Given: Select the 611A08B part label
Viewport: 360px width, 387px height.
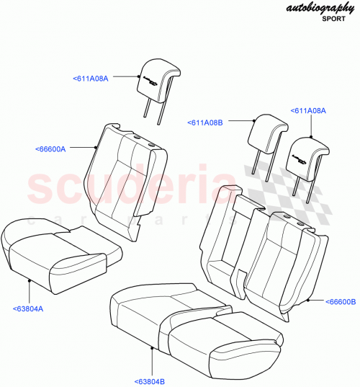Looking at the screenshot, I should coord(205,123).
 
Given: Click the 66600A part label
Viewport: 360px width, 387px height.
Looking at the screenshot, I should coord(50,149).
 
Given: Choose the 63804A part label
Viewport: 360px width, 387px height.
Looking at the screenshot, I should coord(28,308).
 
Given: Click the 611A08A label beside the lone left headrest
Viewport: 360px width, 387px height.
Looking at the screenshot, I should coord(91,78).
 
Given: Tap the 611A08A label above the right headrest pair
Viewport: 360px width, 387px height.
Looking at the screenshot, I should coord(308,111).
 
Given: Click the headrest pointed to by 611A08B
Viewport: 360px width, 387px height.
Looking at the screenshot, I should coord(263,134).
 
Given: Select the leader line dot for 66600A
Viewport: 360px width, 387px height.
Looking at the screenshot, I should coord(96,146).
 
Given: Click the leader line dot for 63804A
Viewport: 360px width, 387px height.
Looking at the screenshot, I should coord(28,279).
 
